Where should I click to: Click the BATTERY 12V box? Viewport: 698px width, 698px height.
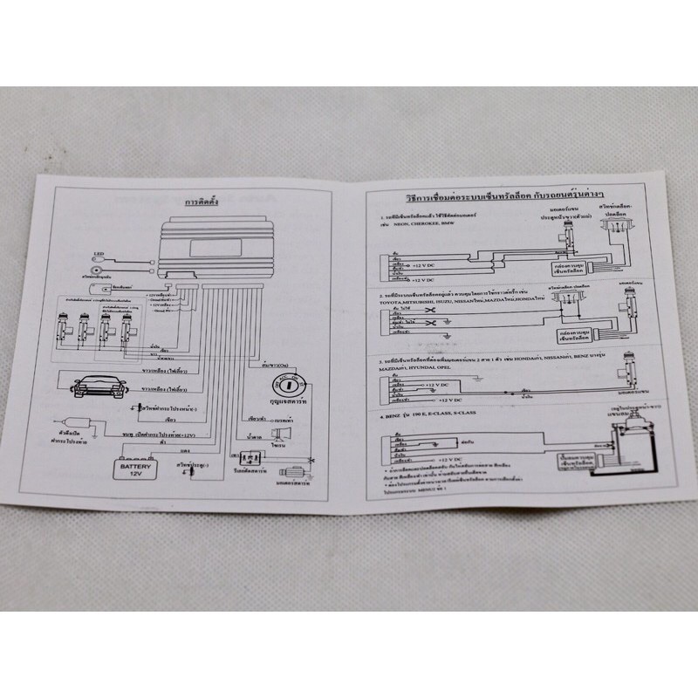pyautogui.click(x=136, y=470)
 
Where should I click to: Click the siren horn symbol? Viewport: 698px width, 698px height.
pyautogui.click(x=282, y=434)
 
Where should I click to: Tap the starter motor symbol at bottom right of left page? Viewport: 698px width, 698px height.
pyautogui.click(x=292, y=472)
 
